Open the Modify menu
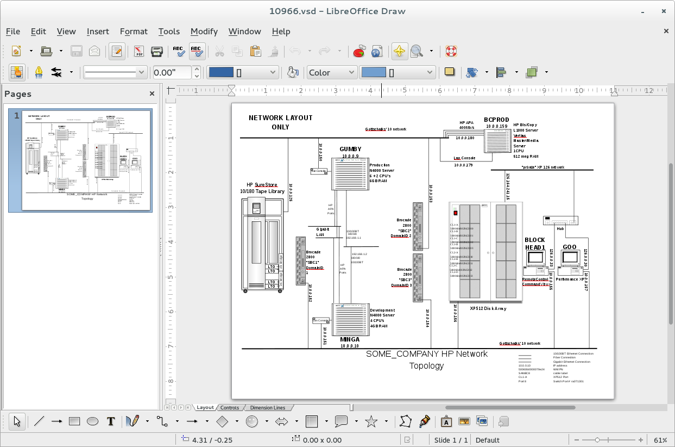[204, 32]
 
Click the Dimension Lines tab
[267, 407]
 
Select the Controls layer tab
[230, 407]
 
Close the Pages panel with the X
[153, 94]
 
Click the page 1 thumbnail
[87, 160]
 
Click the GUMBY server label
[350, 150]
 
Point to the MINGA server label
[350, 339]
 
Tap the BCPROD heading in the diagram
[496, 120]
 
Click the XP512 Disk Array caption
[488, 308]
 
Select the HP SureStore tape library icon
[262, 245]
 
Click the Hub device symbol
[560, 220]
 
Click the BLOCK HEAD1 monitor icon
[535, 258]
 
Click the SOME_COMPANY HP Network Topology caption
[426, 359]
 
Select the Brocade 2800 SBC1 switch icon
[301, 261]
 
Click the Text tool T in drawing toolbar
[111, 421]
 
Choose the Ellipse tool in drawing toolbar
[93, 421]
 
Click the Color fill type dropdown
[331, 72]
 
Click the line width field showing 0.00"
[172, 72]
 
